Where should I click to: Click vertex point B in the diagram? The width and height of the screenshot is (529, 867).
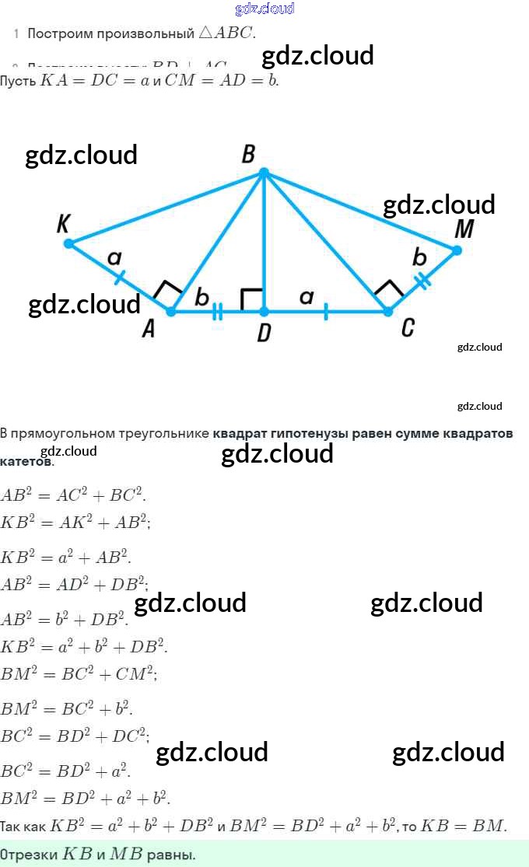[x=264, y=172]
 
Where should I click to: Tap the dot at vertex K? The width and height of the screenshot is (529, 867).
[x=68, y=243]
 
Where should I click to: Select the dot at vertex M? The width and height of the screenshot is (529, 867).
[x=457, y=250]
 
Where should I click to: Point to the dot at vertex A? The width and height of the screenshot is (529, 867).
[x=172, y=311]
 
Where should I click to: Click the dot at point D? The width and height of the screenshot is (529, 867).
[x=264, y=311]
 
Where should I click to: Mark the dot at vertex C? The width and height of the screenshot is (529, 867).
[x=387, y=311]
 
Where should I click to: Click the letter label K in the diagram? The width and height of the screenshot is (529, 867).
[x=65, y=225]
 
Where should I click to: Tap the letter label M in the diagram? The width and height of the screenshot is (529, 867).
[x=464, y=229]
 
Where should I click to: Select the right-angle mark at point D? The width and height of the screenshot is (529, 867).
[x=251, y=299]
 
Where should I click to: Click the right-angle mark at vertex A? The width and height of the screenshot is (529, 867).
[x=166, y=292]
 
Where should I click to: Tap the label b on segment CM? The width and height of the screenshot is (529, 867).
[x=419, y=257]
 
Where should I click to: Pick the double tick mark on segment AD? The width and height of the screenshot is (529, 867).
[x=218, y=312]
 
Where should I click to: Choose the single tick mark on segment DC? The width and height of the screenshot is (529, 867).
[x=325, y=312]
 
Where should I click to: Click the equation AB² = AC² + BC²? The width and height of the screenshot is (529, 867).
[x=73, y=495]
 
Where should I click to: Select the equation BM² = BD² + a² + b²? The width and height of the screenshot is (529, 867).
[x=86, y=797]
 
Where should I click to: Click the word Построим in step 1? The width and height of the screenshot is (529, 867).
[x=56, y=34]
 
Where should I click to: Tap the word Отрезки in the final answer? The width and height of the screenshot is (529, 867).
[x=28, y=854]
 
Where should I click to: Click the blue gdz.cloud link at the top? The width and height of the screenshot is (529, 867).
[x=264, y=9]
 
